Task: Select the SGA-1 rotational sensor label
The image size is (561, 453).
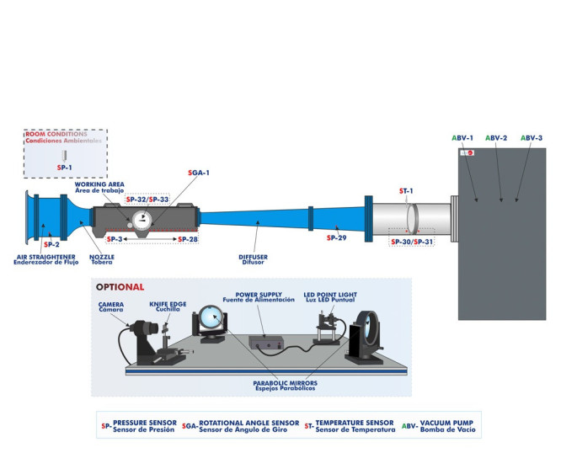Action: pyautogui.click(x=198, y=173)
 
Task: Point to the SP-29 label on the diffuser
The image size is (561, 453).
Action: pyautogui.click(x=336, y=239)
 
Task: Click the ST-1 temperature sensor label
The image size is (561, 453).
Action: pyautogui.click(x=406, y=191)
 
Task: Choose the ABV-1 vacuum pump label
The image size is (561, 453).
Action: pyautogui.click(x=462, y=137)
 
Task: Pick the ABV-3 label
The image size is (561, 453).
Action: pyautogui.click(x=531, y=137)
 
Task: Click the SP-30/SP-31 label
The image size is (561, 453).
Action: pyautogui.click(x=412, y=242)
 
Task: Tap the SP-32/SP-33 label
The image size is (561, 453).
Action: pyautogui.click(x=147, y=199)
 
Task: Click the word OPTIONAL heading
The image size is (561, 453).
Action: pyautogui.click(x=120, y=286)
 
